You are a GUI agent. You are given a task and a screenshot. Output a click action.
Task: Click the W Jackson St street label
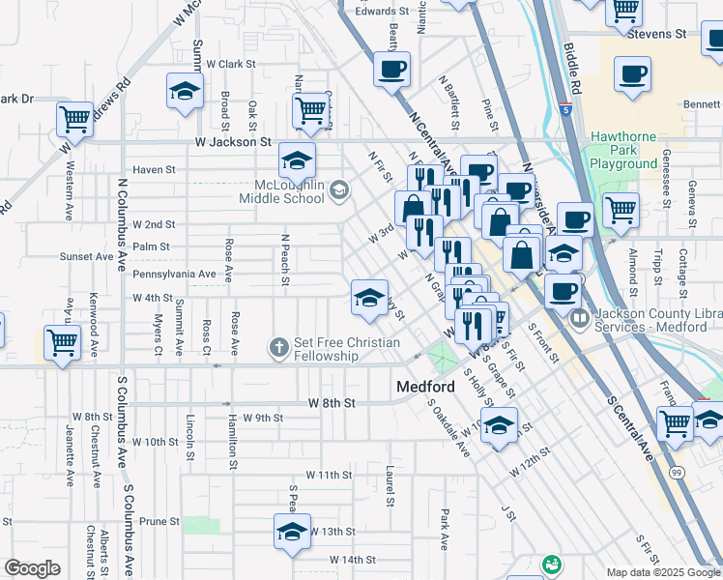coord(236,141)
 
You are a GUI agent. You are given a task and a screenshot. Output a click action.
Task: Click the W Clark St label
coord(229,64)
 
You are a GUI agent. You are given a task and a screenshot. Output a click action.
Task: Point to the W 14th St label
coord(351,560)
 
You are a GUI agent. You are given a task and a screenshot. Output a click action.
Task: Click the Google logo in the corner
coord(32,568)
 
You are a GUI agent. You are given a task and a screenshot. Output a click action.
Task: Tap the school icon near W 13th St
coord(291,533)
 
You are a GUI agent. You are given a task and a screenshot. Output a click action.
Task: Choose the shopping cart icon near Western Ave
coord(74,120)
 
